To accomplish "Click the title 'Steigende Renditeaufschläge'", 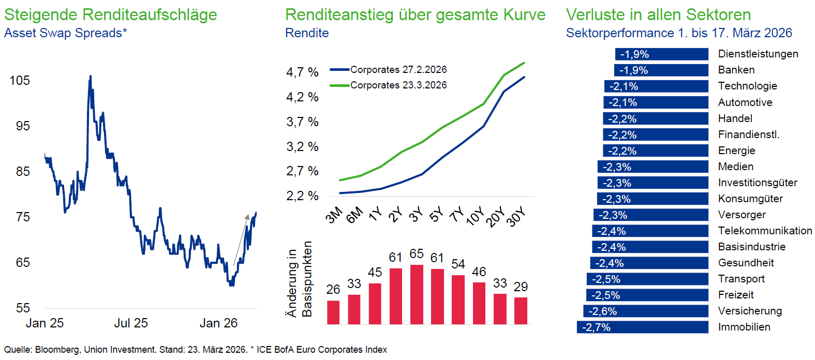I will coord(110,14).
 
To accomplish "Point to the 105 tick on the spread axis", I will coord(20,80).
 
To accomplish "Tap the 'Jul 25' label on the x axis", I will coord(131,323).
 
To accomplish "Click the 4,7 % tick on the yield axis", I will coord(302,72).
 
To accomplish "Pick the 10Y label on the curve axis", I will coord(475,216).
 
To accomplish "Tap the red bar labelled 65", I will coord(417,294).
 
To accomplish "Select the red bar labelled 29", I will coord(521,310).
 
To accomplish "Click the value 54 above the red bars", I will coord(458,264).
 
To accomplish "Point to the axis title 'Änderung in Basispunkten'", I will coord(300,279).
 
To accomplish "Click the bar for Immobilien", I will coord(642,327).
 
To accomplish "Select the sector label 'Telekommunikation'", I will coord(765,231).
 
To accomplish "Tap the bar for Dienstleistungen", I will coord(661,54).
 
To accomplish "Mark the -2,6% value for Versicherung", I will coord(602,311).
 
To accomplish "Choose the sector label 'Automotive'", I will coord(745,102).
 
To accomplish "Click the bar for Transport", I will coord(647,279).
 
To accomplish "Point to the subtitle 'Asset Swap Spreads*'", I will coord(66,33).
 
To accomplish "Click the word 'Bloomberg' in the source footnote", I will coord(57,350).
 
